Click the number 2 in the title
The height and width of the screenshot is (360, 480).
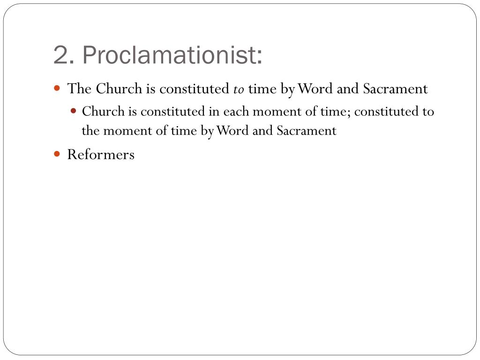[61, 56]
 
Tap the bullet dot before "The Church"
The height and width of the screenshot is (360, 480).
[57, 88]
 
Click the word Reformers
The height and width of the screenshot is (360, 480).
[101, 154]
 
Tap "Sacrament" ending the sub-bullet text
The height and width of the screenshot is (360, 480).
[306, 130]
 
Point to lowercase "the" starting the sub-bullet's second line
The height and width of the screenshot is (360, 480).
[90, 130]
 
